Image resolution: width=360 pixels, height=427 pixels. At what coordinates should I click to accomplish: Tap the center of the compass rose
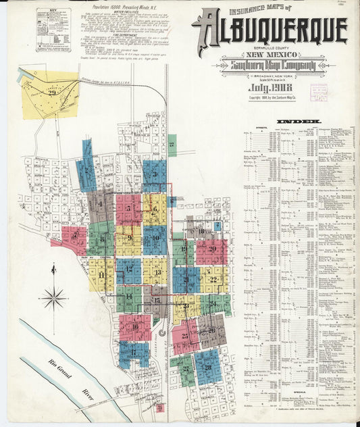point(53,297)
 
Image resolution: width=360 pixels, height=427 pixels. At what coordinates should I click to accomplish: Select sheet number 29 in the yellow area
point(44,94)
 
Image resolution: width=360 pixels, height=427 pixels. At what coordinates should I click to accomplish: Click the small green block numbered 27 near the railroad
point(172,145)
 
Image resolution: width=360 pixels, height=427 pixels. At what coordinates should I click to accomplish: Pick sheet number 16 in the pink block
point(135,328)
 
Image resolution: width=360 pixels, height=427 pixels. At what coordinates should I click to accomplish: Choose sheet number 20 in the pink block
point(212,249)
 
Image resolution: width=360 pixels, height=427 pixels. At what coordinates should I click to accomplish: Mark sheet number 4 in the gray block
point(101,201)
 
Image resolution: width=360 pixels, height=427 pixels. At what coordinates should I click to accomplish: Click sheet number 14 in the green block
point(128,297)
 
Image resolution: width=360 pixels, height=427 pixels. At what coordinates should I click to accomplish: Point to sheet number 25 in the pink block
point(184,336)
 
